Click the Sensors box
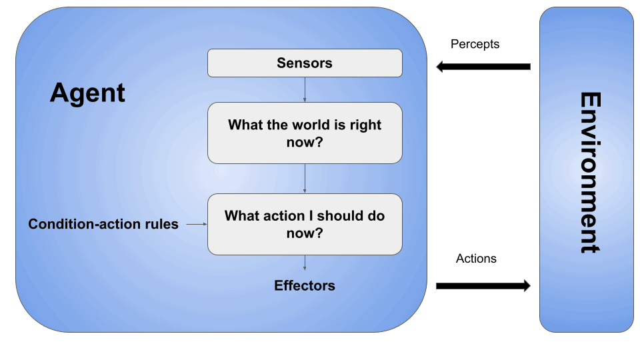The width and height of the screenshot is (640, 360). pos(305,63)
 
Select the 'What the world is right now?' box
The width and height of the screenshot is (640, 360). pos(305,133)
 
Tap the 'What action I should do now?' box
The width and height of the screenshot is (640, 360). pos(305,224)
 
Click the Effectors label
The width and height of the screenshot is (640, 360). pos(305,285)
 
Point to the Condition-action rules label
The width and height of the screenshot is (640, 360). pos(103,224)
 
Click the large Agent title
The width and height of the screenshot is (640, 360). pos(87,93)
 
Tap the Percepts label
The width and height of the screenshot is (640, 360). pos(475,44)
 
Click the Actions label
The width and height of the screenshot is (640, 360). pos(476,258)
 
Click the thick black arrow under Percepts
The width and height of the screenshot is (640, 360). pos(483,67)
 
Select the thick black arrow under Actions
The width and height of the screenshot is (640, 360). pos(483,286)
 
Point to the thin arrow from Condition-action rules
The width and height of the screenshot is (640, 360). pos(196,225)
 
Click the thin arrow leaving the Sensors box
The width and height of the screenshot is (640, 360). pos(305,89)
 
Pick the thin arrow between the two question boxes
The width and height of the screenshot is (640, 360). pos(305,178)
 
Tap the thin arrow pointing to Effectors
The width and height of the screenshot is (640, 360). pos(305,263)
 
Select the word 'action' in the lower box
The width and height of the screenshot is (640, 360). pos(283,216)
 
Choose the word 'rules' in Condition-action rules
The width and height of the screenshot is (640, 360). pos(161,224)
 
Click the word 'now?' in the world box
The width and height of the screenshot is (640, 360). pos(305,141)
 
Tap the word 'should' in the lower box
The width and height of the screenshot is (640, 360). pos(341,216)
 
